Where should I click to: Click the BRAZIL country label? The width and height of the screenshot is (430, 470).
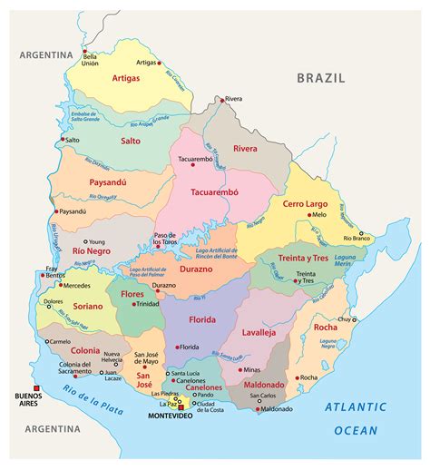[321, 78]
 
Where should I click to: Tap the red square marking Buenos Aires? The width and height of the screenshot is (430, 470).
[37, 384]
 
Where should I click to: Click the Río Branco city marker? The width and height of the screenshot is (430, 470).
[361, 233]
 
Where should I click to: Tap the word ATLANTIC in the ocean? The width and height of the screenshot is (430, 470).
[357, 408]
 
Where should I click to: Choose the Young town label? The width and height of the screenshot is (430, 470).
[97, 218]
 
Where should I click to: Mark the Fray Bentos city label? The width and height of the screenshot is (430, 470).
[57, 270]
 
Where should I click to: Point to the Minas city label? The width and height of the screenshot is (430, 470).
[251, 370]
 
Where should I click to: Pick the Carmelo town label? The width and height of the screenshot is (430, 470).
[59, 341]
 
